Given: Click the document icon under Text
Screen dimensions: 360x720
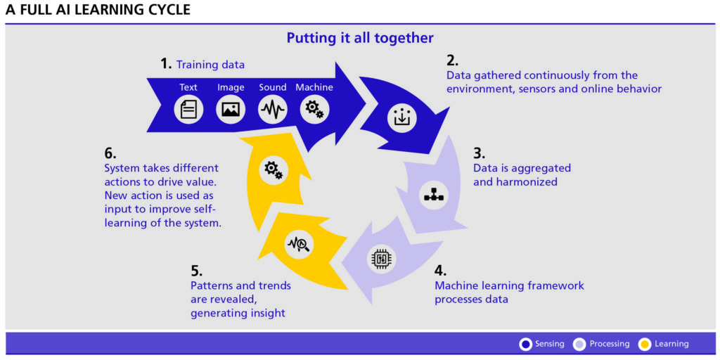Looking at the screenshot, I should pos(188,110).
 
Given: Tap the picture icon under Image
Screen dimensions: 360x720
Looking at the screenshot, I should pos(231,110).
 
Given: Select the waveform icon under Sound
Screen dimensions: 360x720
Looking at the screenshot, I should pos(272,110).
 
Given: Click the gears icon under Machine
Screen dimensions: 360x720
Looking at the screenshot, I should pos(314,109).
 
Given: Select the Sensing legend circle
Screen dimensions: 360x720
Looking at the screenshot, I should pos(525,344).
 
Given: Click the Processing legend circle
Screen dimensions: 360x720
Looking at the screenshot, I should pos(580,344).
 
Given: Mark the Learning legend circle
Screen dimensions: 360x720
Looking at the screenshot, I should pos(644,344).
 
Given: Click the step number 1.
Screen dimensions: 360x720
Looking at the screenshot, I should pos(166,64).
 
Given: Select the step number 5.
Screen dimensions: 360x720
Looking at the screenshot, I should pos(196,271).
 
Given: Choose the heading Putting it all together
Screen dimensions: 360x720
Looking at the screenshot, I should pos(360,38).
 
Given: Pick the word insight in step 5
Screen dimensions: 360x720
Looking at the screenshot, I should pos(267,313).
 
